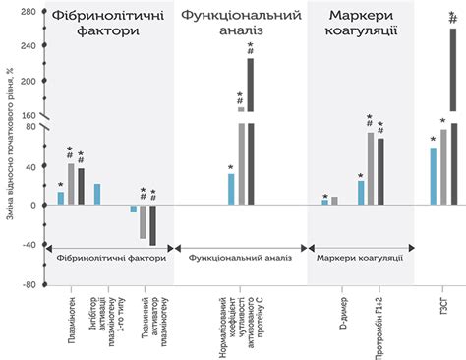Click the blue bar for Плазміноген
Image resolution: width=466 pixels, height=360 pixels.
[60, 198]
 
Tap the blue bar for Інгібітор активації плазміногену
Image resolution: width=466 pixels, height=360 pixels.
[97, 195]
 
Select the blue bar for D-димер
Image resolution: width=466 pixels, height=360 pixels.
[325, 203]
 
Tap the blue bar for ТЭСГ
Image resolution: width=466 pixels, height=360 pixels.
[433, 176]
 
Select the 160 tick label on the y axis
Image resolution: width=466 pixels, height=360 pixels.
[31, 116]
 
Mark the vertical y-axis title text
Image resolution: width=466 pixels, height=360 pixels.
[9, 148]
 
